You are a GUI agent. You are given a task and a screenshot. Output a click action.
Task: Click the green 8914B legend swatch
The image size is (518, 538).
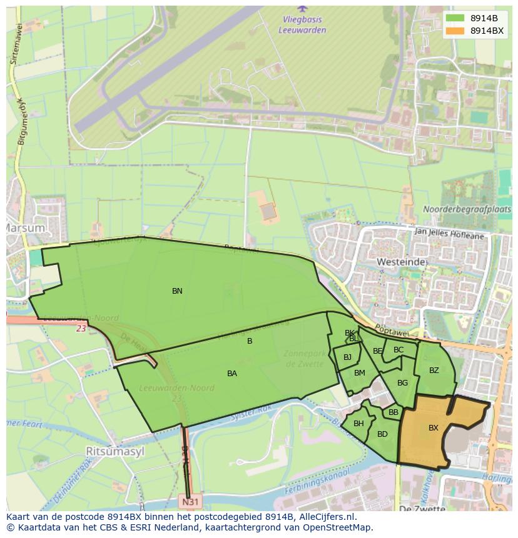(x=455, y=17)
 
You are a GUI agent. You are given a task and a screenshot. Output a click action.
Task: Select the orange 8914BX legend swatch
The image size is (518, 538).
(x=455, y=31)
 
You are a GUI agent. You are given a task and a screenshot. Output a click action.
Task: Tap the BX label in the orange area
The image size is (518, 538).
(x=433, y=428)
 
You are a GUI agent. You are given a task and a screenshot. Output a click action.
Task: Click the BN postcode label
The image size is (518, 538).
(x=177, y=291)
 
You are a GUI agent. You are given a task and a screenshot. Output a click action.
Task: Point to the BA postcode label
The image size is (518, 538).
(x=232, y=374)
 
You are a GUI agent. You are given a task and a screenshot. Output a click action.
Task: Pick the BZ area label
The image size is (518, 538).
(x=434, y=371)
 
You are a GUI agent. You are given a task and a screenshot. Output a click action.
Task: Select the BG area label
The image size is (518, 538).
(x=402, y=383)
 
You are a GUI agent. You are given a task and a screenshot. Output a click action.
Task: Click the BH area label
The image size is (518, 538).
(x=358, y=424)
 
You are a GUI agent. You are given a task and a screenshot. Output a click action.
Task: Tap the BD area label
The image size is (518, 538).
(x=382, y=434)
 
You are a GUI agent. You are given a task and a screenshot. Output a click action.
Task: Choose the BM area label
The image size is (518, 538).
(x=359, y=373)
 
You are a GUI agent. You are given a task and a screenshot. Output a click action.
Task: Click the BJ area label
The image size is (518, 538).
(x=347, y=357)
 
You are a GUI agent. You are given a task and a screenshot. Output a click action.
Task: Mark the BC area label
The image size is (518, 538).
(x=399, y=350)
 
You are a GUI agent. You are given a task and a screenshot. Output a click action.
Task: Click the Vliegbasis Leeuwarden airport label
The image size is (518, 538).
(x=303, y=24)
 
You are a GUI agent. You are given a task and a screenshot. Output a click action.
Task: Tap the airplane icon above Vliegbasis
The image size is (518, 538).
(x=303, y=8)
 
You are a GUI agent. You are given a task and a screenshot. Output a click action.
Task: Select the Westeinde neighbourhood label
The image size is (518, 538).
(x=401, y=262)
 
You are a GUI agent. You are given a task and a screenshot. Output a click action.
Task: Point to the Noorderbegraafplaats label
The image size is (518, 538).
(x=467, y=209)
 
